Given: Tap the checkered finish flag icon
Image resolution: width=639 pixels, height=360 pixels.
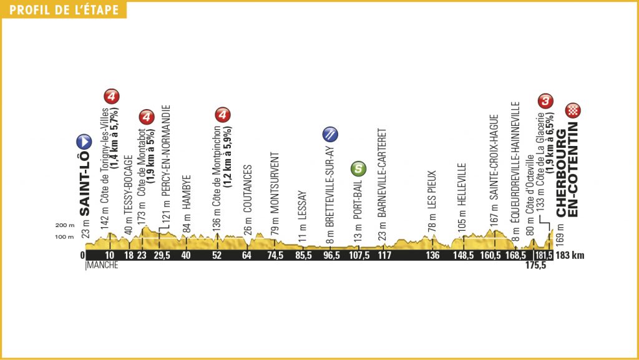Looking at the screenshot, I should (573, 111).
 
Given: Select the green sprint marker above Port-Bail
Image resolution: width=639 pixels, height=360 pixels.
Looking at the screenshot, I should (358, 167).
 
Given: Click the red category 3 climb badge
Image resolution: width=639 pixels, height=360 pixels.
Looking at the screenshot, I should (546, 100).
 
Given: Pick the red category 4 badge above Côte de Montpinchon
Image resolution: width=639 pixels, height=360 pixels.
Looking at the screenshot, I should (223, 115).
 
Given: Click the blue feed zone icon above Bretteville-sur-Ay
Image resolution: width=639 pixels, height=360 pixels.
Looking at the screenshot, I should (329, 134).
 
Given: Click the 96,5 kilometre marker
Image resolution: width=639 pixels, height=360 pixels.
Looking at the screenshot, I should (329, 255).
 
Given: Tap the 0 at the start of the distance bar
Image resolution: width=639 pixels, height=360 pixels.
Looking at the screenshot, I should (82, 255).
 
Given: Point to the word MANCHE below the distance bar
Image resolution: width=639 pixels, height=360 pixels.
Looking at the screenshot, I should (100, 266).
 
